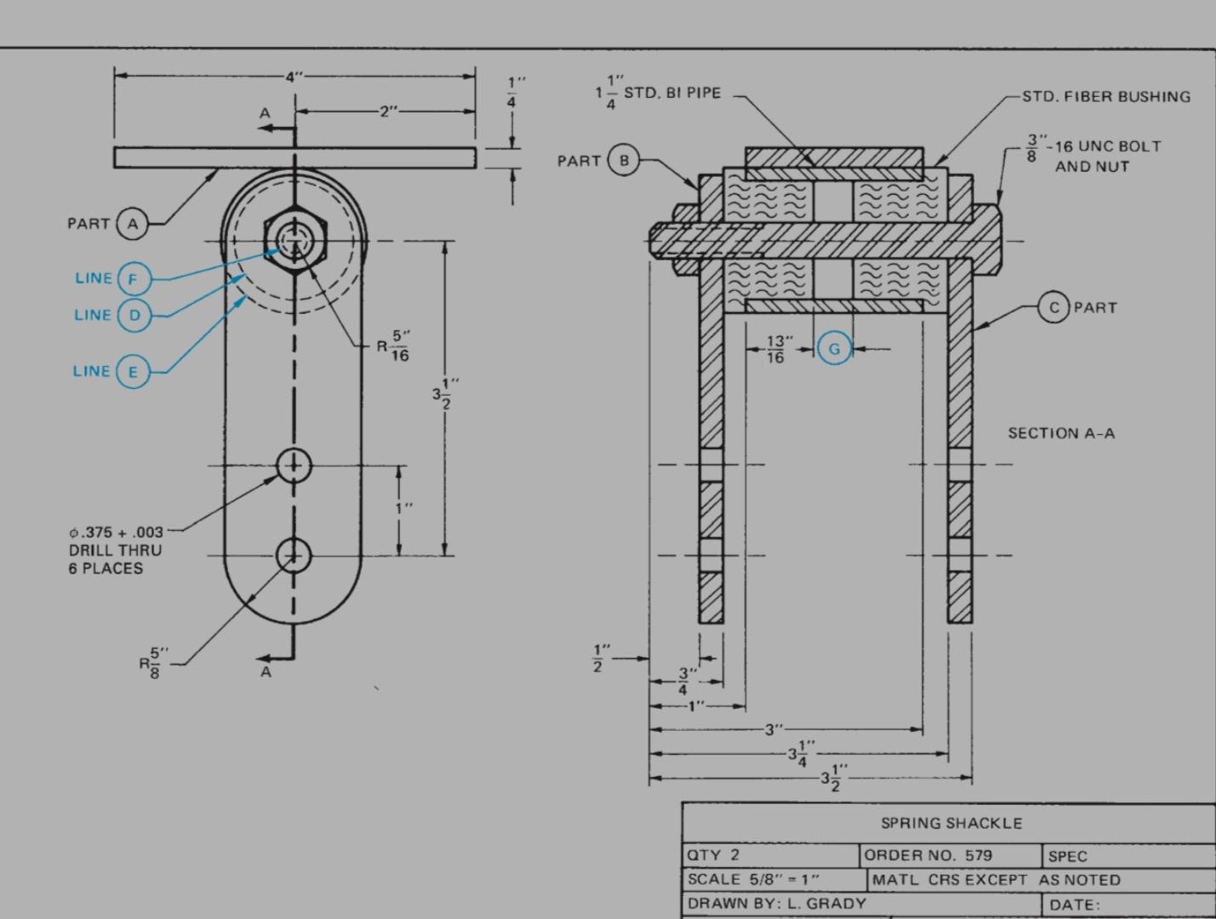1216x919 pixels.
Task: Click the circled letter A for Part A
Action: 132,224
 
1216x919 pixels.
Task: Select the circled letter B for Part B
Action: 624,160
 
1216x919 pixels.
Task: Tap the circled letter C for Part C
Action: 1053,307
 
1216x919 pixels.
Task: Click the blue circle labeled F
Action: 133,278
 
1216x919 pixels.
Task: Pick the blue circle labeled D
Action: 134,315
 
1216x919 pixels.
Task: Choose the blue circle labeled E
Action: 132,371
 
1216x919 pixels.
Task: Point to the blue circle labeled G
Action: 834,348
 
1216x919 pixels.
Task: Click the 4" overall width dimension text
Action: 294,77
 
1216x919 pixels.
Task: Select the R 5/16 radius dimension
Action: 394,346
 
